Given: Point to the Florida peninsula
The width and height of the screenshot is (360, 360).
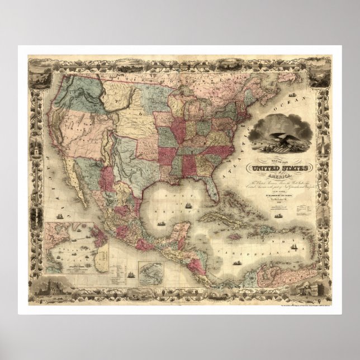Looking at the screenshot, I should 211,187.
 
